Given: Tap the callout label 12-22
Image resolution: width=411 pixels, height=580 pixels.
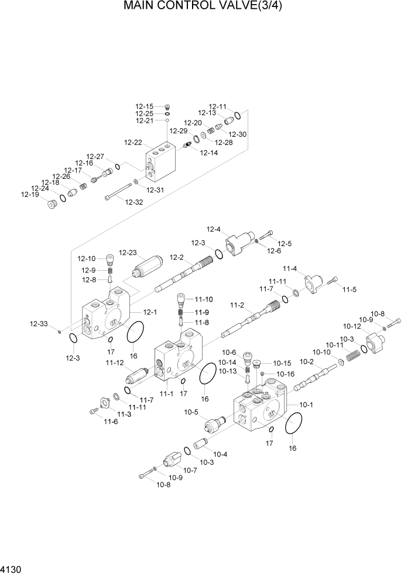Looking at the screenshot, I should click(x=133, y=142).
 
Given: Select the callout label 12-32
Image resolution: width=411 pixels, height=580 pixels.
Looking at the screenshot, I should click(x=133, y=202).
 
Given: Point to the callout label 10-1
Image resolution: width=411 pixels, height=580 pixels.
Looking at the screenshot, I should click(x=306, y=404).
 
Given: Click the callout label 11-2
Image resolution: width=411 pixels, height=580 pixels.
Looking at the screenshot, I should click(x=237, y=305).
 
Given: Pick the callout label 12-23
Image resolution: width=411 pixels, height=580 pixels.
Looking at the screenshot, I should click(x=128, y=253).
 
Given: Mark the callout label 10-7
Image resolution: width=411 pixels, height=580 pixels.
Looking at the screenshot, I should click(x=190, y=471).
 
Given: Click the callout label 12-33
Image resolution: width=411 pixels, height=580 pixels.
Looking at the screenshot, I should click(x=39, y=323).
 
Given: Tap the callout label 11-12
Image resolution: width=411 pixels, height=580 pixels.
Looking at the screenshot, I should click(x=115, y=363).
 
